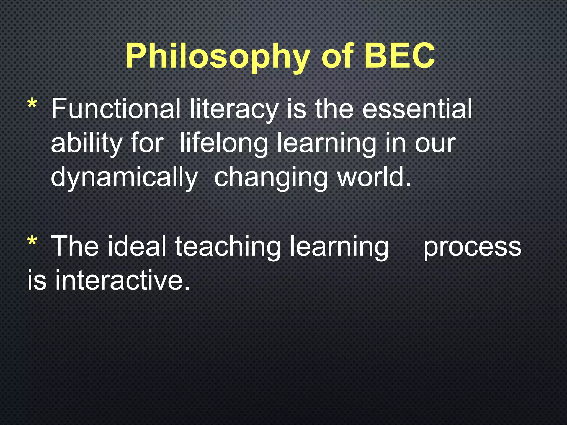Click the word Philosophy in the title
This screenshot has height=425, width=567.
[x=217, y=57]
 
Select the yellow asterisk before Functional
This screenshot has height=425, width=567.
[x=32, y=105]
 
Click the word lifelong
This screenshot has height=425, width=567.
[x=224, y=144]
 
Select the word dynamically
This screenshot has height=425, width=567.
[x=124, y=178]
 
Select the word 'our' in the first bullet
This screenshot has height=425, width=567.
[x=435, y=144]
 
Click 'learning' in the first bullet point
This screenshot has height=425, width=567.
[x=327, y=144]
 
